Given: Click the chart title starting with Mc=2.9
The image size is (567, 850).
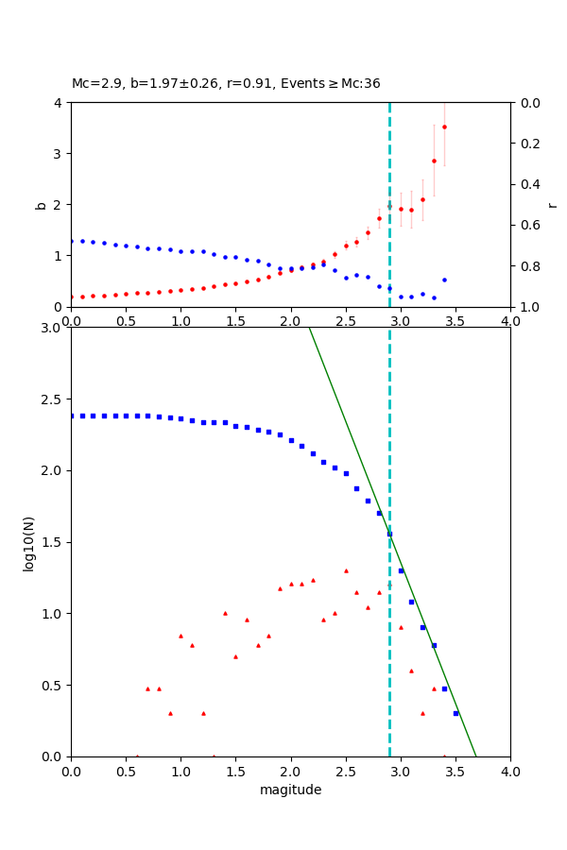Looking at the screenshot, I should pyautogui.click(x=226, y=83).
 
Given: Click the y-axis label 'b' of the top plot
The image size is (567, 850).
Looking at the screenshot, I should pyautogui.click(x=41, y=204).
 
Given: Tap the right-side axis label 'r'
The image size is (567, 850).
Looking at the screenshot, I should pyautogui.click(x=553, y=204).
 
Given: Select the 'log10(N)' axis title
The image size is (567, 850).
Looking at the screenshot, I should pyautogui.click(x=29, y=542).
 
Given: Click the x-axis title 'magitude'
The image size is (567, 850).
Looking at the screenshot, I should pyautogui.click(x=290, y=790).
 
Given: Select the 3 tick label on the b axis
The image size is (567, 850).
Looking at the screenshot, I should pyautogui.click(x=60, y=154).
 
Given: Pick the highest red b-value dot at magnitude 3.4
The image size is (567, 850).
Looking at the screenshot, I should pyautogui.click(x=444, y=127).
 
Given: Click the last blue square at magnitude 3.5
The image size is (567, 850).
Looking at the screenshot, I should pyautogui.click(x=455, y=713).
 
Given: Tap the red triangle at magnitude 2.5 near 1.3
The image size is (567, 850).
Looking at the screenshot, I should pyautogui.click(x=346, y=570).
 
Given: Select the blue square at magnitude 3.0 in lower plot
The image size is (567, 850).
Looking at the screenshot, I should pyautogui.click(x=401, y=570).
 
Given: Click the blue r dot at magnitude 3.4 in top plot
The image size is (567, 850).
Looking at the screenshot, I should pyautogui.click(x=444, y=280).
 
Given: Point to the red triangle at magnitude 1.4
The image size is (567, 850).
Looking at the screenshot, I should pyautogui.click(x=225, y=613).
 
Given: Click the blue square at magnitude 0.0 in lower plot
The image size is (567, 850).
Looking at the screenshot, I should pyautogui.click(x=71, y=416).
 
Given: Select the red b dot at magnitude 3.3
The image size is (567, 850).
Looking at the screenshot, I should pyautogui.click(x=434, y=161).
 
